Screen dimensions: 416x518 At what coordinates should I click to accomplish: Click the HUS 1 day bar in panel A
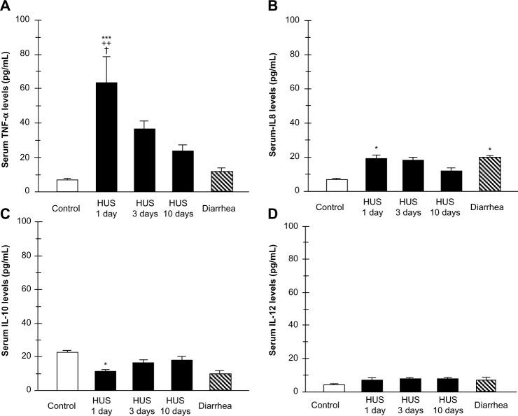pos(106,137)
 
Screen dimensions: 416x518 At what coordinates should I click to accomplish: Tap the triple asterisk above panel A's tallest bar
pos(106,39)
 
